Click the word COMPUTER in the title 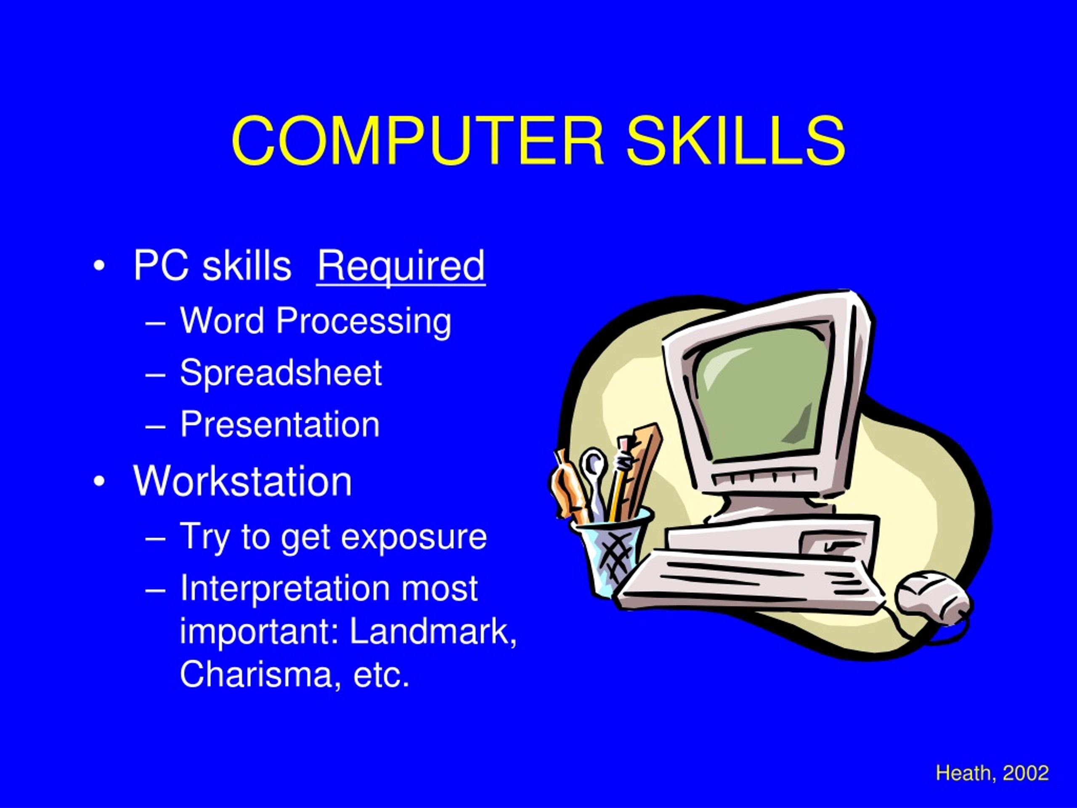[x=418, y=141]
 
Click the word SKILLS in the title [x=735, y=141]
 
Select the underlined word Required [x=401, y=266]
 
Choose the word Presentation [x=279, y=424]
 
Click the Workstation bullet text [x=242, y=481]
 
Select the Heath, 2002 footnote [x=992, y=773]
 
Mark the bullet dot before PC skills [x=99, y=267]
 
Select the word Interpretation [x=284, y=588]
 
